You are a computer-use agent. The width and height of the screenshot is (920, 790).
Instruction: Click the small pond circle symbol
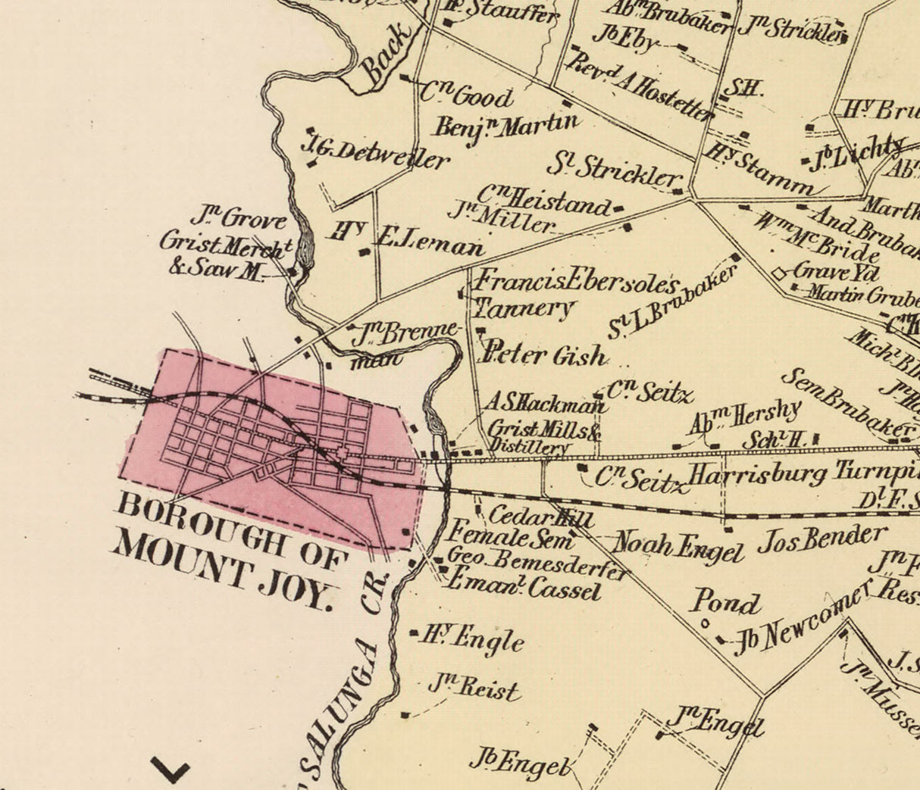click(x=705, y=624)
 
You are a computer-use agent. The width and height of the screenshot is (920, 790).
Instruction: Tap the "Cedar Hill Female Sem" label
click(x=515, y=529)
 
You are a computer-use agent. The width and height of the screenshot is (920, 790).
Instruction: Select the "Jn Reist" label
click(x=475, y=688)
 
